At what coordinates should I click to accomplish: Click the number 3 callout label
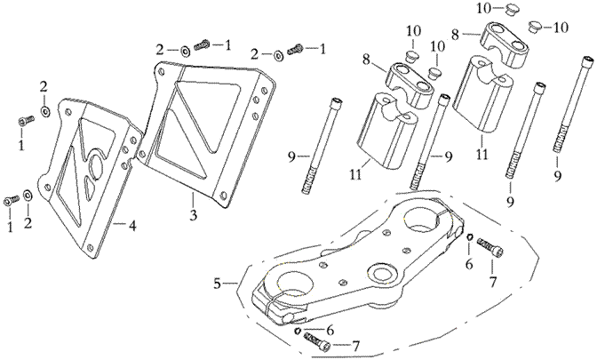(192, 215)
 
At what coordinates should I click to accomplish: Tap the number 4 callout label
(132, 226)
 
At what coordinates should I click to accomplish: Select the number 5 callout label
(217, 284)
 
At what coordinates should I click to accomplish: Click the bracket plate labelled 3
(210, 124)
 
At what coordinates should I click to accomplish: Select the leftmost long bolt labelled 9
(324, 142)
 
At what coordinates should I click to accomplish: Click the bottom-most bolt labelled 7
(318, 339)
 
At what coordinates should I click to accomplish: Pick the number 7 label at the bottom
(355, 345)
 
